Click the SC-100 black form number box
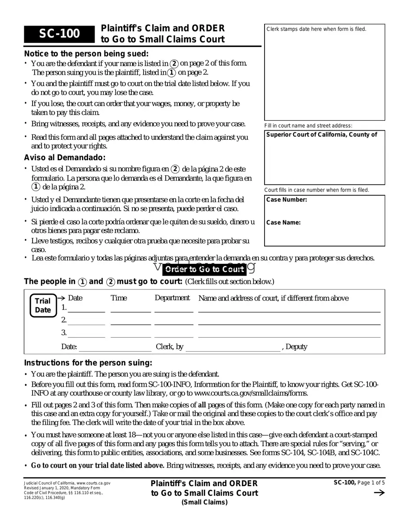[59, 34]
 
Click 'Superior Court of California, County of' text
[321, 135]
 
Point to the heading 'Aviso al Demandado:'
[65, 158]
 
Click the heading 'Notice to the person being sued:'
[86, 54]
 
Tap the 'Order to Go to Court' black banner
[204, 269]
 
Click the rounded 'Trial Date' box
[43, 306]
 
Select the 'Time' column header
[119, 298]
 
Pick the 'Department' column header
[172, 298]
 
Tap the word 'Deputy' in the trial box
[297, 347]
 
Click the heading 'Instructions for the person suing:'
[88, 363]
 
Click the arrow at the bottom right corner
[379, 493]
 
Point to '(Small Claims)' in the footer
[204, 503]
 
